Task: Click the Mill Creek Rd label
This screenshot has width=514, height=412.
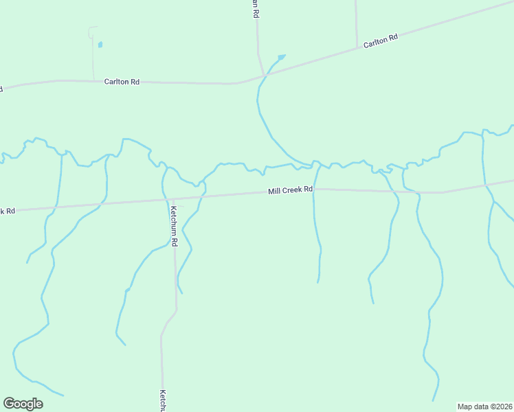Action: coord(290,190)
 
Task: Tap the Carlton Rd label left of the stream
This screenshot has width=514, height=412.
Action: coord(122,82)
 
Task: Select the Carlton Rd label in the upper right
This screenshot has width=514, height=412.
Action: coord(381,41)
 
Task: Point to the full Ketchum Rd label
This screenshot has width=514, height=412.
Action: coord(175,226)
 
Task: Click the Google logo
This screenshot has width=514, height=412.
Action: coord(23,404)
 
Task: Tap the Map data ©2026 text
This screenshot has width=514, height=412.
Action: coord(484,406)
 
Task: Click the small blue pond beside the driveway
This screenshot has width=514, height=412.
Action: coord(100,45)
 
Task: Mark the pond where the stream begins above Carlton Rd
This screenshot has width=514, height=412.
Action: coord(281,56)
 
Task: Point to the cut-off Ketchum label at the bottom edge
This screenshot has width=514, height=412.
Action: coord(164,402)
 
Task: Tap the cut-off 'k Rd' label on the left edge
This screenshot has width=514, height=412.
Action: coord(8,211)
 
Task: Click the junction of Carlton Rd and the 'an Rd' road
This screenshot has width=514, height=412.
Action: coord(265,76)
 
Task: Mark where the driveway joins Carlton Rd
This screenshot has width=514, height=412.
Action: coord(93,80)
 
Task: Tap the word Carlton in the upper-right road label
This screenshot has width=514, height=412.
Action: coord(376,43)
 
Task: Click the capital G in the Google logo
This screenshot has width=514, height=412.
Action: coord(9,404)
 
